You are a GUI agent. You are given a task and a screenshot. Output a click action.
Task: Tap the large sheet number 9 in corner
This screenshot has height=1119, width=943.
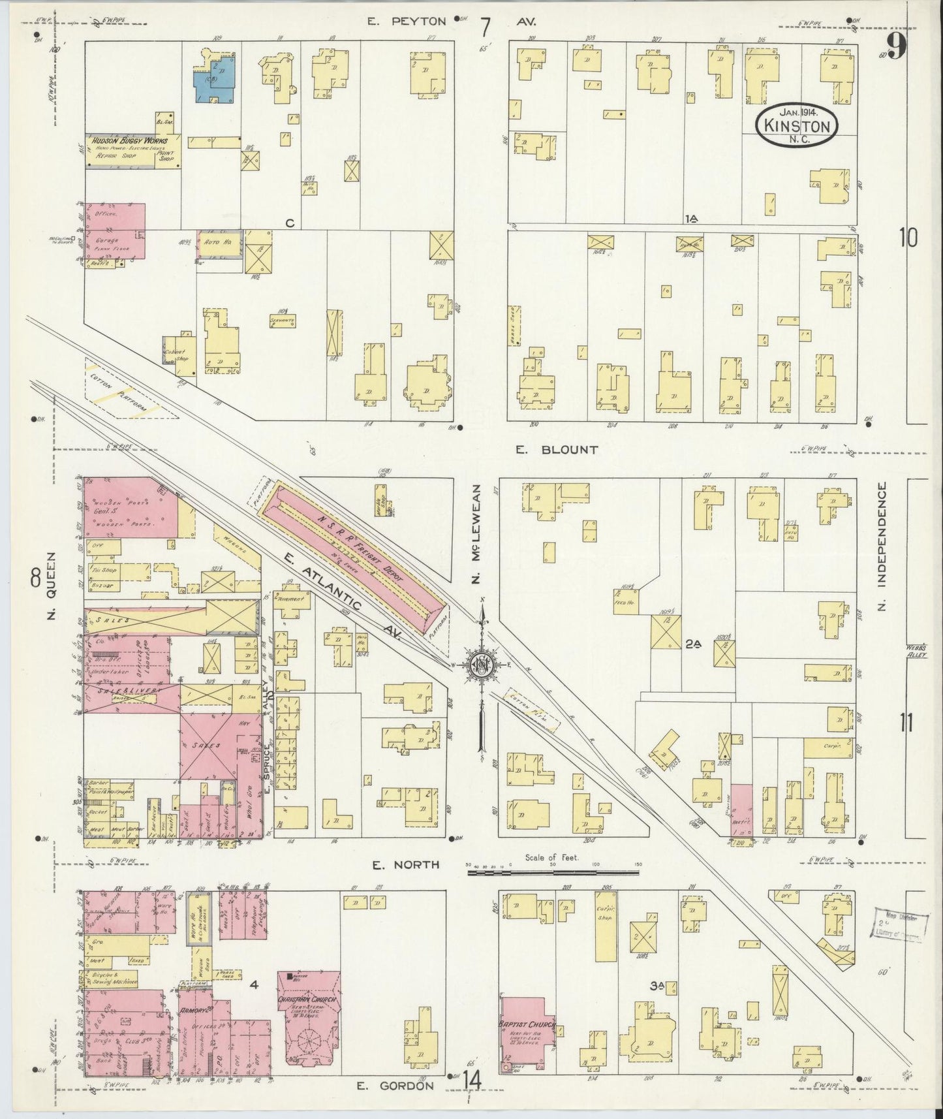click(x=895, y=46)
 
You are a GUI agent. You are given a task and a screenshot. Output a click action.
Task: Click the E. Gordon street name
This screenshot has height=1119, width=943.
click(x=395, y=1086)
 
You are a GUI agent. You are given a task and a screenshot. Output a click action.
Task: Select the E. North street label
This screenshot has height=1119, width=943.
click(x=396, y=866)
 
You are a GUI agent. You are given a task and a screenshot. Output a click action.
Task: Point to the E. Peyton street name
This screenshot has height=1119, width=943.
click(x=406, y=22)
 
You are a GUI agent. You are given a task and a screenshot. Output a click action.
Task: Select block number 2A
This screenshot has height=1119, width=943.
click(x=692, y=644)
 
